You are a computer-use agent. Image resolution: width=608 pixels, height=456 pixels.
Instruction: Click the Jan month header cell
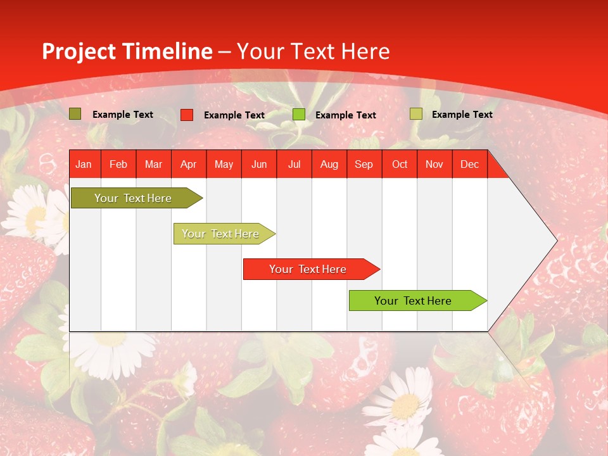point(84,164)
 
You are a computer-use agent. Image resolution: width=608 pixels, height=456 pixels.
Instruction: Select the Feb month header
point(118,164)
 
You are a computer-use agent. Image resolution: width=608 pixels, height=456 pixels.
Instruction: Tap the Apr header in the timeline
point(188,164)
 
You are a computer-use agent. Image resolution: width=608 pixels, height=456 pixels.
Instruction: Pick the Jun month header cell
point(259,164)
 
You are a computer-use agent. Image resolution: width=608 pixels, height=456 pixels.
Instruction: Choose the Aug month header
point(329,164)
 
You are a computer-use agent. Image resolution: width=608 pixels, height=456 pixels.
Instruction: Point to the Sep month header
point(364,164)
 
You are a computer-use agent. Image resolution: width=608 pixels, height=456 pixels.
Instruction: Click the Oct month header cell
point(400,164)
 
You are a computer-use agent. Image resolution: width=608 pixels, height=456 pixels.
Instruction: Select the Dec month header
point(469,164)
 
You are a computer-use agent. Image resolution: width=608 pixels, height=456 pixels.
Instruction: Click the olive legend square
point(75,114)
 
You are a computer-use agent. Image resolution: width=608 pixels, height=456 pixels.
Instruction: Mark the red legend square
point(187,115)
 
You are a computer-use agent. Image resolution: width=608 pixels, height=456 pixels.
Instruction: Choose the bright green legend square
point(299,115)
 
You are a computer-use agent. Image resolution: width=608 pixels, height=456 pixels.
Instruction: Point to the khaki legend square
point(415,114)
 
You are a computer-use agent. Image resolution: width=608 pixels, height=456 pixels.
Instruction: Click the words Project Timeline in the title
point(127,51)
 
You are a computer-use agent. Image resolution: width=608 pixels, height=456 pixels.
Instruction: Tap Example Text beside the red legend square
point(234,115)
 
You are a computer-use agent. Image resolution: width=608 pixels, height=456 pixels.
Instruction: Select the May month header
point(224,164)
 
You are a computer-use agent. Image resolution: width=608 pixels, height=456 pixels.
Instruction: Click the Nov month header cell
point(434,164)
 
